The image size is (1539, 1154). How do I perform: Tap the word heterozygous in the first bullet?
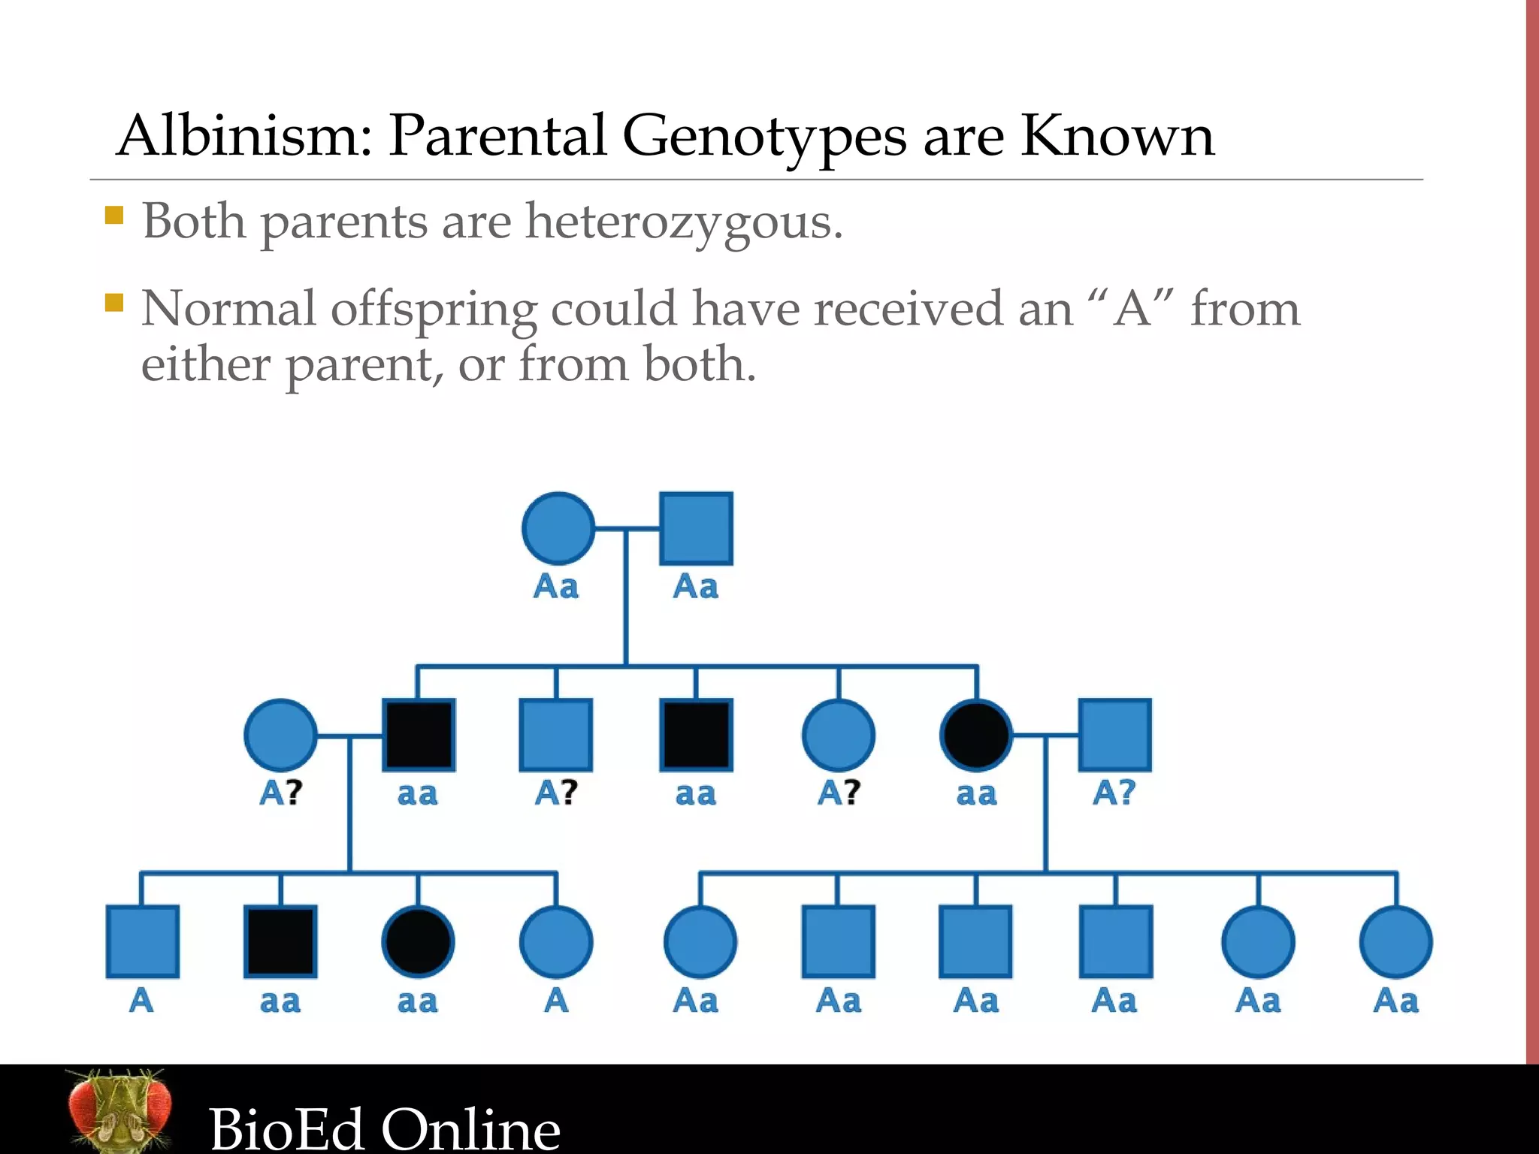683,222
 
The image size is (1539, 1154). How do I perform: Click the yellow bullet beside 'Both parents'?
114,216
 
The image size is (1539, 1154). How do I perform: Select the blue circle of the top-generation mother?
558,528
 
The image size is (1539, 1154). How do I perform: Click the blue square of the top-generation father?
696,528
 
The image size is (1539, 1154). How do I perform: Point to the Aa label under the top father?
695,587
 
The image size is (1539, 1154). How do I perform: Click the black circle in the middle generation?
976,735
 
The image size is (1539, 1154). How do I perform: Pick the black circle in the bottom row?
418,941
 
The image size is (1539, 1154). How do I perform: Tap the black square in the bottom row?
280,941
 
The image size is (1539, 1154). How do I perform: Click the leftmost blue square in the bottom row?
142,941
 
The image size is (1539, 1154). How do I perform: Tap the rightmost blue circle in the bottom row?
1395,941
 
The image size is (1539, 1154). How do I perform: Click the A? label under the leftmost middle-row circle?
280,793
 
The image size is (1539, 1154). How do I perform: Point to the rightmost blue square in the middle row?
1114,735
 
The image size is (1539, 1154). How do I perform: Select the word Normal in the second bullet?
228,309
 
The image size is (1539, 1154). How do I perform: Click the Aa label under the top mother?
556,587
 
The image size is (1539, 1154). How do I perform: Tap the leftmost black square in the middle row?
418,735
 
